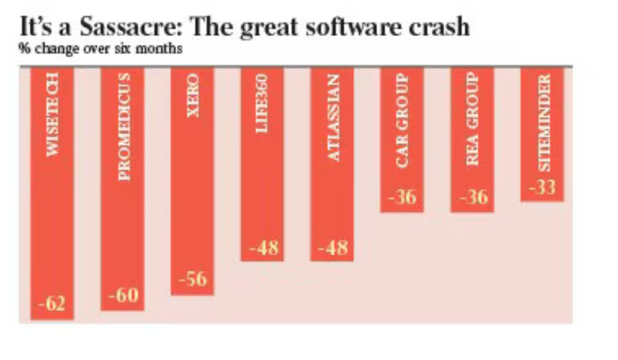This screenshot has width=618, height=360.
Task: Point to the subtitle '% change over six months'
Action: tap(100, 49)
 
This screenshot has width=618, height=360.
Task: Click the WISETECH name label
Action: tap(52, 116)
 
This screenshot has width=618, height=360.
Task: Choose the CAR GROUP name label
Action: tap(402, 120)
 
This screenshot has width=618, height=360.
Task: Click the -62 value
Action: tap(52, 304)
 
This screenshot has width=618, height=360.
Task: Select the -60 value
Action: tap(123, 295)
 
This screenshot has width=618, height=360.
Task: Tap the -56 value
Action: tap(192, 279)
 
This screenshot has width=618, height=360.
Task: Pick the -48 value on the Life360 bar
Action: tap(263, 248)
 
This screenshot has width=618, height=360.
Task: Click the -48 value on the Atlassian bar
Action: tap(333, 248)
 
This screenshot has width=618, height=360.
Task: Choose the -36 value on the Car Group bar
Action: tap(402, 198)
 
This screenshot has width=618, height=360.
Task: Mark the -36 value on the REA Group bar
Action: tap(472, 198)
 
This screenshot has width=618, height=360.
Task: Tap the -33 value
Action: tap(542, 188)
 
